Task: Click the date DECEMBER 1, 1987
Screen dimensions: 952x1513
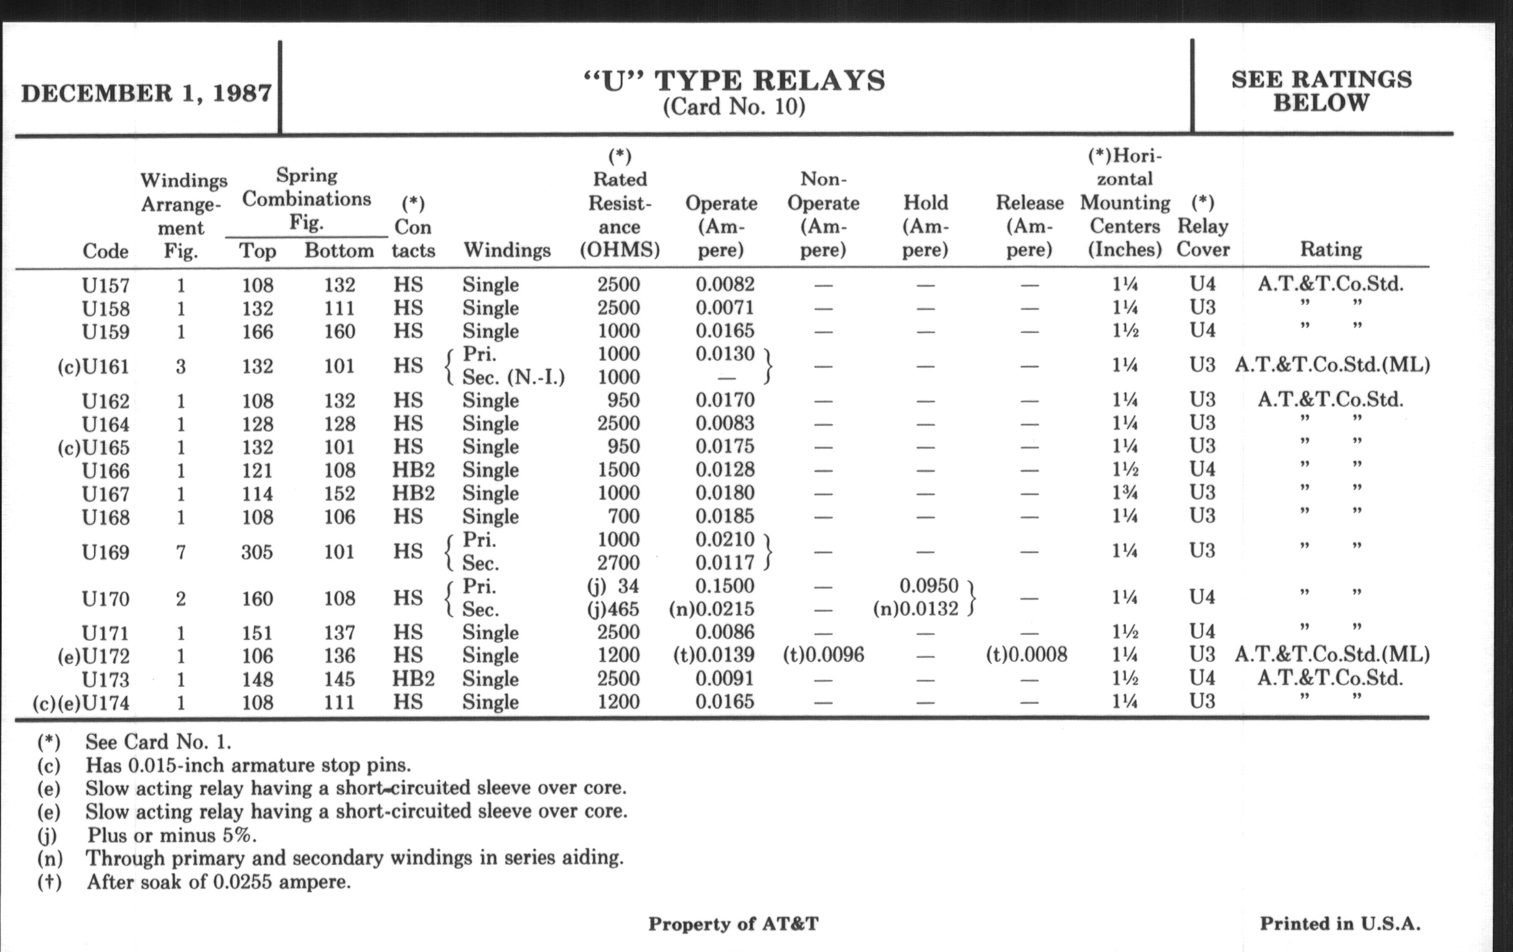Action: click(146, 93)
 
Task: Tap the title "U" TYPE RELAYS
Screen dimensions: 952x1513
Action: click(734, 81)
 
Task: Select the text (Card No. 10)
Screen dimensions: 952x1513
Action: click(734, 107)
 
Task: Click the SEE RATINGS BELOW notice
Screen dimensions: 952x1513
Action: click(1321, 91)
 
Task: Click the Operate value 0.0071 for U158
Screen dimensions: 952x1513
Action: click(724, 308)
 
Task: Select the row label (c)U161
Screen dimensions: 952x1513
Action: click(93, 366)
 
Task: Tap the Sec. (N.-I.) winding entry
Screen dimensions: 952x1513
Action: click(513, 377)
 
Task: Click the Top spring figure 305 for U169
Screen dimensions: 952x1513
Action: click(258, 553)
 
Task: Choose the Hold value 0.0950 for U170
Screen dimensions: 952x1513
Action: click(929, 586)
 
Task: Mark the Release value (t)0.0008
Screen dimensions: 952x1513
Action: click(1026, 655)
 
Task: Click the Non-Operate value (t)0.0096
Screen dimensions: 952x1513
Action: click(823, 655)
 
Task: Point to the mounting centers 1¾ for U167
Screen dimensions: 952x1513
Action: click(1124, 493)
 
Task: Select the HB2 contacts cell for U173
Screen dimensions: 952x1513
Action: click(414, 679)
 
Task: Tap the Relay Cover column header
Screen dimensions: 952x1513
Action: click(1203, 227)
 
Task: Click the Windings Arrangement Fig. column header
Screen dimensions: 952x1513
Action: click(182, 215)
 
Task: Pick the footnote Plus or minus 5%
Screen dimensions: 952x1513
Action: click(171, 835)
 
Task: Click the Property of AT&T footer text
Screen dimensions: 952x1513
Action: click(733, 924)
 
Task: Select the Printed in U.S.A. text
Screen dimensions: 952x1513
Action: click(1339, 924)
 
